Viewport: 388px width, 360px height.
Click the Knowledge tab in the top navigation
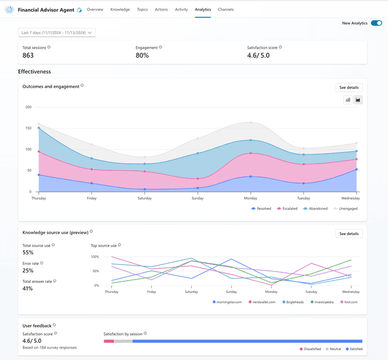[120, 9]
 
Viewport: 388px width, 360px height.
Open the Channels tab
[226, 9]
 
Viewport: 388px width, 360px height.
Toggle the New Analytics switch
[376, 23]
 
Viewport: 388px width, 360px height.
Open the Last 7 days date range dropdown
[57, 33]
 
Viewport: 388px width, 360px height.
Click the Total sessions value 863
[28, 55]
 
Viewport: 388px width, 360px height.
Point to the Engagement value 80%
[142, 55]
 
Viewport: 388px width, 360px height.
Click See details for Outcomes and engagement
[349, 88]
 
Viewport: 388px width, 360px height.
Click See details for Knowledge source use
[349, 234]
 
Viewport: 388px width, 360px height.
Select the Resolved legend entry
[262, 209]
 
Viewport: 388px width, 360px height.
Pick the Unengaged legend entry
[345, 209]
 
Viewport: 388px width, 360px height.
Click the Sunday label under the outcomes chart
[198, 198]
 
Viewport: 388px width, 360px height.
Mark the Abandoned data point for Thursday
[39, 128]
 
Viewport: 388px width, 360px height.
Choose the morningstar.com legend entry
[229, 302]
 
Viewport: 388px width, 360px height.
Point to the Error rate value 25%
[28, 271]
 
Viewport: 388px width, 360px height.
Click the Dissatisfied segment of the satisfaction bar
[109, 341]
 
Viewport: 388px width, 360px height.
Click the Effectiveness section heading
[34, 72]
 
